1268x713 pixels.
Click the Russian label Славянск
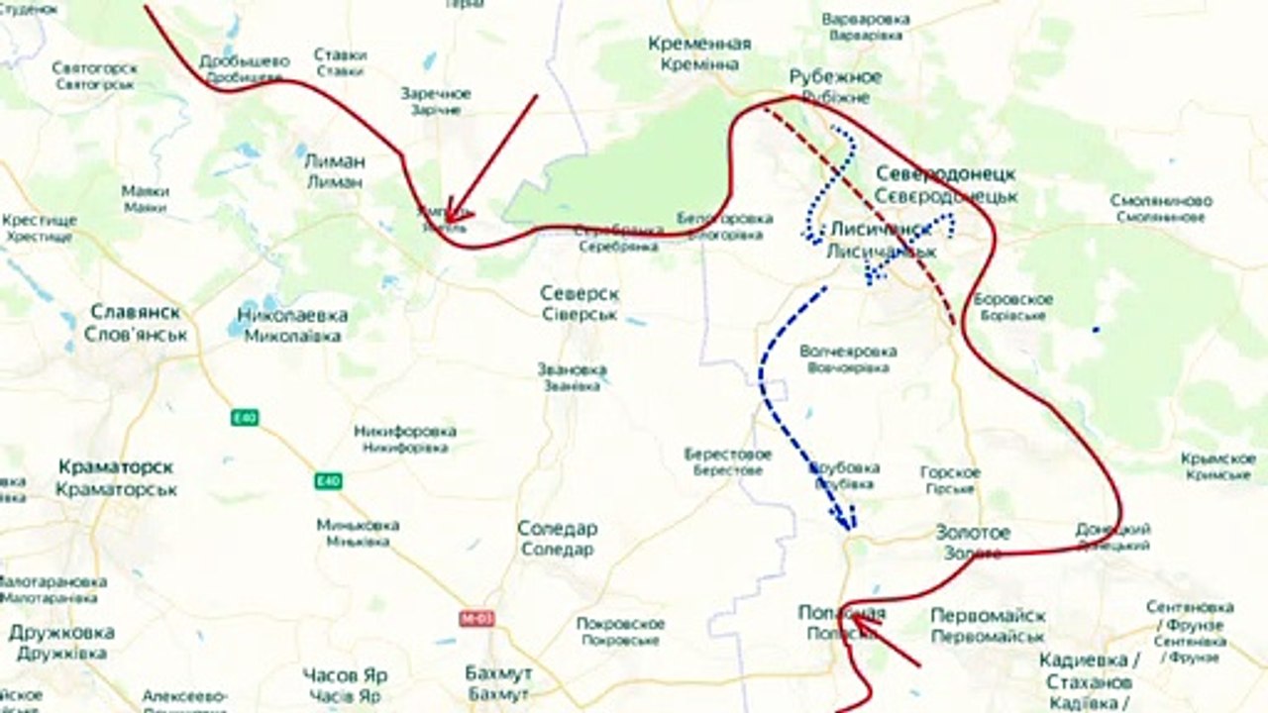click(135, 312)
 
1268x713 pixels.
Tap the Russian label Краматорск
click(116, 465)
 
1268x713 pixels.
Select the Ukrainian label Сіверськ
click(580, 314)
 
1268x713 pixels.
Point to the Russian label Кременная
click(699, 44)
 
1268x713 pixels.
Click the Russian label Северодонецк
click(945, 174)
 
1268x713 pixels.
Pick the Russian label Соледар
click(557, 528)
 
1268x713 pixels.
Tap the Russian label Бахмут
click(498, 672)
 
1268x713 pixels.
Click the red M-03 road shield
click(477, 618)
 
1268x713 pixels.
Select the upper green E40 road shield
click(245, 418)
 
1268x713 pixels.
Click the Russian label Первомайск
click(988, 615)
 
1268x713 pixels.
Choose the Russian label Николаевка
click(292, 315)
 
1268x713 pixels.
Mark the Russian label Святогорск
click(96, 68)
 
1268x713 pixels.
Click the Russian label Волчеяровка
click(847, 351)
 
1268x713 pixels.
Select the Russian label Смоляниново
click(1162, 201)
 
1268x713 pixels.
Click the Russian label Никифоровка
click(404, 431)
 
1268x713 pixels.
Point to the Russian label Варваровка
click(866, 18)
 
